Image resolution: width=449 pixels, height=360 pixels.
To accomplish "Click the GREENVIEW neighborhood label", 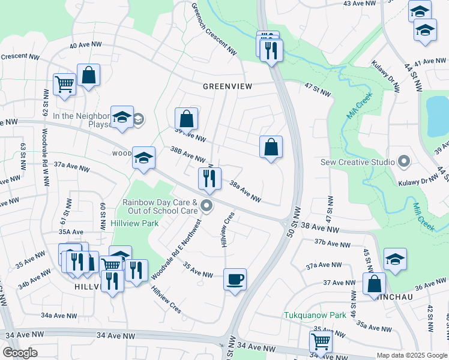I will (227, 86).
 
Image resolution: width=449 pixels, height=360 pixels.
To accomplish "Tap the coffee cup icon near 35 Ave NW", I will (235, 279).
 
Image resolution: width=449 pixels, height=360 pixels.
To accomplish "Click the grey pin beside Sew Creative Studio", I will (404, 161).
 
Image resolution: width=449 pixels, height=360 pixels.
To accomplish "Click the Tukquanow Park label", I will (315, 315).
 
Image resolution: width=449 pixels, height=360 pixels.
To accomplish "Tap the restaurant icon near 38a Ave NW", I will (209, 178).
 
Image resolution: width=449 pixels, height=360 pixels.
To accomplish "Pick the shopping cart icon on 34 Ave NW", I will (321, 342).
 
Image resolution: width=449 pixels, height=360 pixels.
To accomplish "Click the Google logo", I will (21, 352).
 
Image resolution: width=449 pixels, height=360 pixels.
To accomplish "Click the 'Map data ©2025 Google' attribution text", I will (412, 355).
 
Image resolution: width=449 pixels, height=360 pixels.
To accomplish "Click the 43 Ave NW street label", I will (362, 4).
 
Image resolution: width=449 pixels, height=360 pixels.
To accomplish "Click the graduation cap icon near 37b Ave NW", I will (395, 259).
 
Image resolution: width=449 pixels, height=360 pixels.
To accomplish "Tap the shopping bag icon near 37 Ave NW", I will (374, 284).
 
